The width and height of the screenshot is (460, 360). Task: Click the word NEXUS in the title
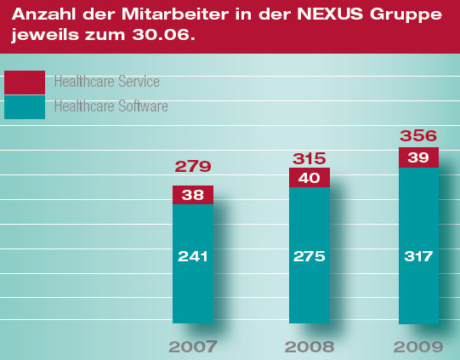(x=330, y=14)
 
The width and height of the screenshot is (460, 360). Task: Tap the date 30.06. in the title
(x=163, y=35)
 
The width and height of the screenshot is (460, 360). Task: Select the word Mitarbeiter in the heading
(x=175, y=14)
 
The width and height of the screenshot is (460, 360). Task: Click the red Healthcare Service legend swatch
(x=25, y=83)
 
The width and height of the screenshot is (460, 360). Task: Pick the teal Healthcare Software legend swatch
(x=25, y=107)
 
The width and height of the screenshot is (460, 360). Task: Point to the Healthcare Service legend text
(x=107, y=82)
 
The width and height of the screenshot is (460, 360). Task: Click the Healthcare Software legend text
(x=111, y=106)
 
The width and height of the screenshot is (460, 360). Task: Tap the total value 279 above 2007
(x=193, y=167)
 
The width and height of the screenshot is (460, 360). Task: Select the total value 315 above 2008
(x=310, y=158)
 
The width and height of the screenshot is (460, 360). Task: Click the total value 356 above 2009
(x=418, y=135)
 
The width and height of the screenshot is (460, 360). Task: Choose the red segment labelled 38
(x=193, y=195)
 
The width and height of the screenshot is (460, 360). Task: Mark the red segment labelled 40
(x=310, y=178)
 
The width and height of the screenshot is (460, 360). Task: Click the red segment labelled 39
(x=418, y=157)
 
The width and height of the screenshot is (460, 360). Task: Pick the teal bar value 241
(x=193, y=256)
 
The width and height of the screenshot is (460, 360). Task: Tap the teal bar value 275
(x=310, y=256)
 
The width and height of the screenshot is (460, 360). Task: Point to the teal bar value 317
(x=418, y=256)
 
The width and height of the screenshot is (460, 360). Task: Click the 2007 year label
(x=193, y=346)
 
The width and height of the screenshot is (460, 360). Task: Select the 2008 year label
(x=310, y=346)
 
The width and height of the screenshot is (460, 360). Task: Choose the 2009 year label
(x=418, y=346)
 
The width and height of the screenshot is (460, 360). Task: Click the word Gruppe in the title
(x=406, y=15)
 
